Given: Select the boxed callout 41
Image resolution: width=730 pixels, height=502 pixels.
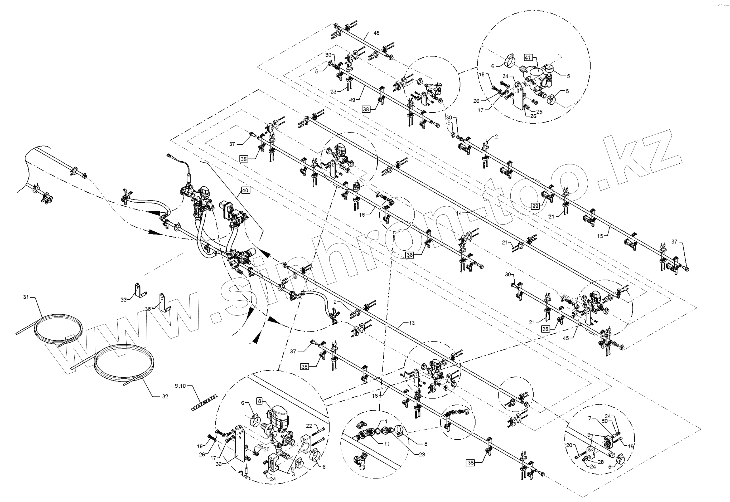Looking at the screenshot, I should click(x=528, y=57).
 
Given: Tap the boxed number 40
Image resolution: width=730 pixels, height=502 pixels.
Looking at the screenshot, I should click(x=245, y=190).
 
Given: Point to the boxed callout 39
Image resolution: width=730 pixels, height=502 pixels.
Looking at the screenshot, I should click(x=535, y=206).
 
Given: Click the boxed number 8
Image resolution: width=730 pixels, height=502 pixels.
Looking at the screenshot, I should click(x=260, y=401).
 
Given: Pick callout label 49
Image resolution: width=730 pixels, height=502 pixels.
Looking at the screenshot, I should click(x=352, y=100).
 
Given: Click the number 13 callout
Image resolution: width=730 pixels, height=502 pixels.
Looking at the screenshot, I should click(x=412, y=323).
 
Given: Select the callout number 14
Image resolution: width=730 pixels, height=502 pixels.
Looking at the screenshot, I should click(x=459, y=213).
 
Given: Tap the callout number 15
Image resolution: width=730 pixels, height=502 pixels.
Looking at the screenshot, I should click(x=600, y=236).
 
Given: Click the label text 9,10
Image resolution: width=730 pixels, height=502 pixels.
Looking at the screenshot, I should click(x=180, y=386).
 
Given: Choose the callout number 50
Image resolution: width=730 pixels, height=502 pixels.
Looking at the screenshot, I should click(x=605, y=421).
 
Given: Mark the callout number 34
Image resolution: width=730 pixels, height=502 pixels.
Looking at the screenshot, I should click(x=505, y=76).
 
